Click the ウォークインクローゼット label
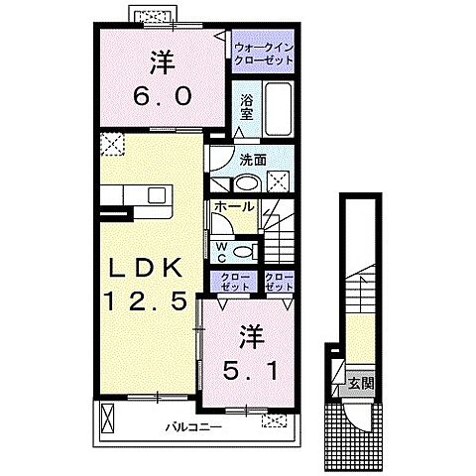pyautogui.click(x=264, y=54)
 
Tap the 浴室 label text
pyautogui.click(x=247, y=107)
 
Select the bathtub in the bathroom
pyautogui.click(x=279, y=108)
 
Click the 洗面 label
pyautogui.click(x=253, y=160)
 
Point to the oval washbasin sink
pyautogui.click(x=247, y=182)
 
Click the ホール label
pyautogui.click(x=234, y=207)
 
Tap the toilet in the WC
pyautogui.click(x=246, y=252)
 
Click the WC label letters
pyautogui.click(x=222, y=252)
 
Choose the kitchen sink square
pyautogui.click(x=157, y=195)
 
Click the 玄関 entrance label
pyautogui.click(x=361, y=384)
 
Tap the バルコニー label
pyautogui.click(x=193, y=427)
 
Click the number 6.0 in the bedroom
pyautogui.click(x=163, y=96)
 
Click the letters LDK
pyautogui.click(x=146, y=267)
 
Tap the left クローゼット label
pyautogui.click(x=234, y=282)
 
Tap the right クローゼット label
pyautogui.click(x=280, y=282)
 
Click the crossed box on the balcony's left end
pyautogui.click(x=108, y=417)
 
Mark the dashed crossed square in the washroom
pyautogui.click(x=278, y=181)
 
